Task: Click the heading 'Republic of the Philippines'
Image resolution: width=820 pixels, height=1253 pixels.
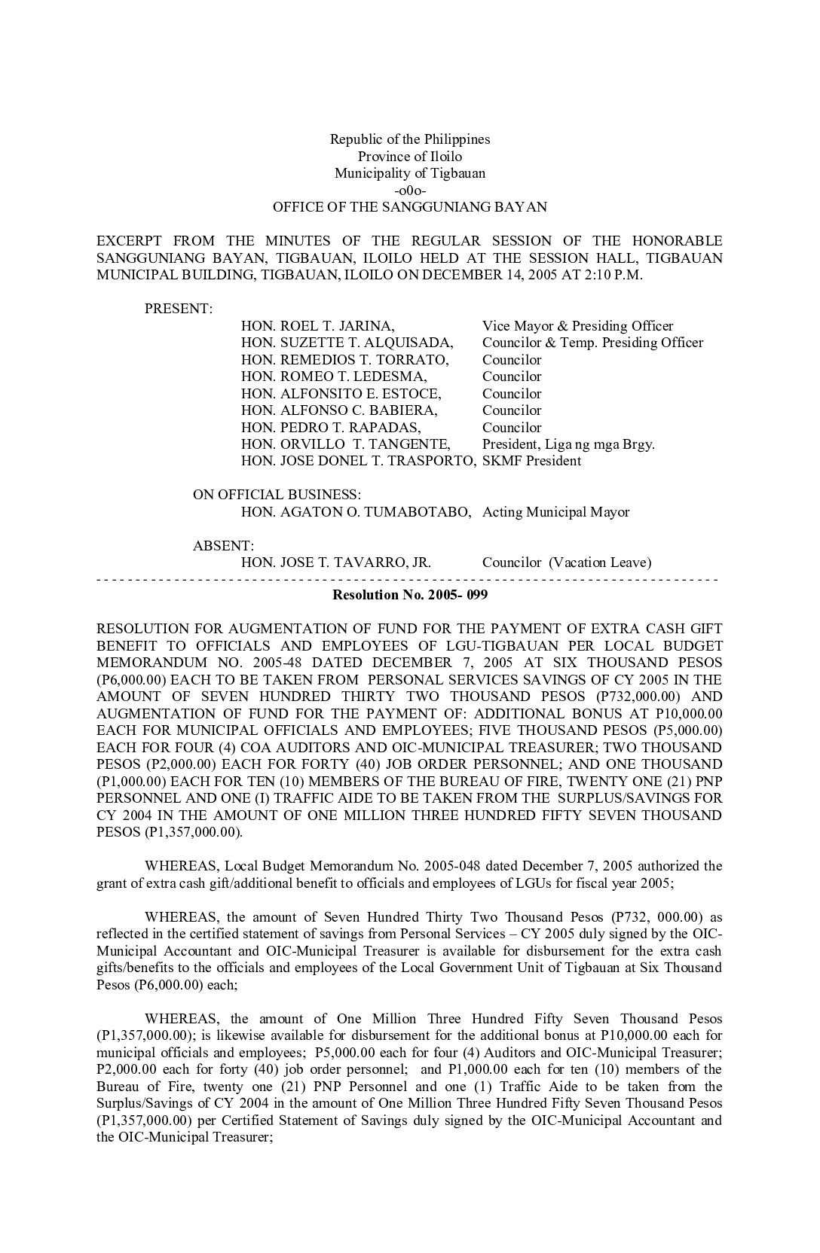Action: (x=409, y=139)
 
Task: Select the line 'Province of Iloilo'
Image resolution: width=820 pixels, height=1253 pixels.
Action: (x=409, y=157)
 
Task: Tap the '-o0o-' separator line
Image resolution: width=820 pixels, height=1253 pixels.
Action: (x=409, y=190)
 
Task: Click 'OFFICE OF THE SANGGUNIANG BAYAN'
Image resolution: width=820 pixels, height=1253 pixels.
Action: (x=409, y=207)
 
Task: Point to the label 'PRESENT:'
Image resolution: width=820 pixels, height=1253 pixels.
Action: (x=179, y=309)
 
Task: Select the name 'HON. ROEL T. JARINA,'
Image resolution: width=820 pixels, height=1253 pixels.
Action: (x=317, y=326)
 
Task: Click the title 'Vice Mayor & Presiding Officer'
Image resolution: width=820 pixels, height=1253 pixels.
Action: (x=577, y=326)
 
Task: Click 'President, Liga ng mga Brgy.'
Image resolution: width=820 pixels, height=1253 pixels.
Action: (x=568, y=444)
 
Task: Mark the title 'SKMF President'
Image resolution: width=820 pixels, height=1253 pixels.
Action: (x=531, y=461)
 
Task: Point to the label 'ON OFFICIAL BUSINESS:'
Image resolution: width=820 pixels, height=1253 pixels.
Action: (x=277, y=495)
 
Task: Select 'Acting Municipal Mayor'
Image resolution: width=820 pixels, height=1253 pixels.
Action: (x=555, y=512)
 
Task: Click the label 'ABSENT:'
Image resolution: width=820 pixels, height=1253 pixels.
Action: (x=223, y=545)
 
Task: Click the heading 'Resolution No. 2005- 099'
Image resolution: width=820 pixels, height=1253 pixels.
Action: (x=409, y=595)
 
